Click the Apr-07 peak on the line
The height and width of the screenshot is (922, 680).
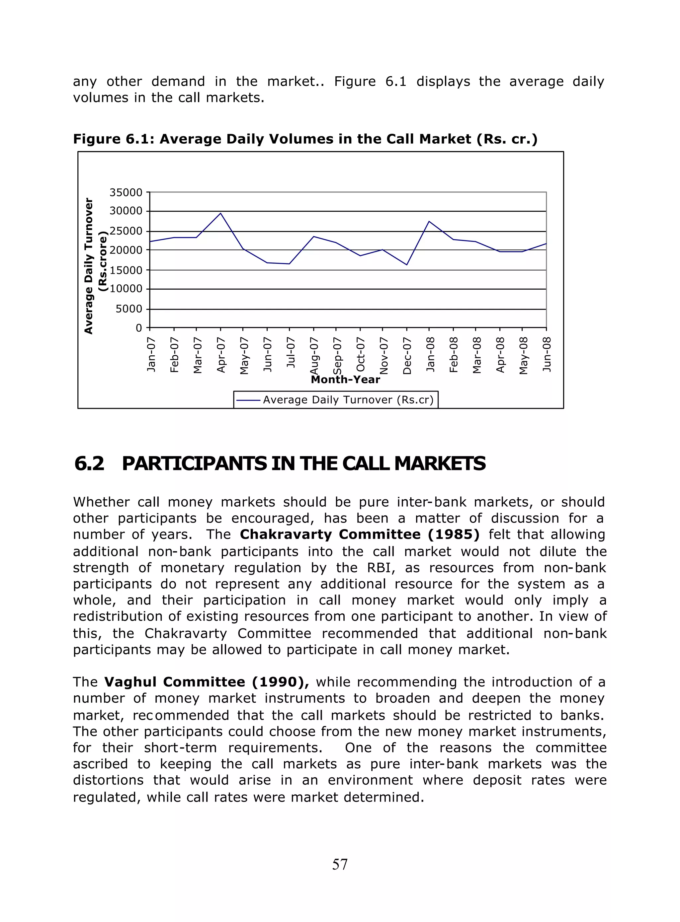click(220, 213)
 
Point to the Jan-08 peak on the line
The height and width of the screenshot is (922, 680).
click(429, 221)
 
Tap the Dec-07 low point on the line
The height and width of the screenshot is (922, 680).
click(407, 264)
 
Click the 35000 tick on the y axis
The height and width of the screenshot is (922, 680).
click(126, 192)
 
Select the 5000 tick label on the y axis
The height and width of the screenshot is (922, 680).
click(129, 309)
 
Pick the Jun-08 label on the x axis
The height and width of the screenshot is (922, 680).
click(547, 354)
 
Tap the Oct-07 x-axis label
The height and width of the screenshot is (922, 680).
click(361, 354)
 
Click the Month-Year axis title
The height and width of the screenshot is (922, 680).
click(345, 379)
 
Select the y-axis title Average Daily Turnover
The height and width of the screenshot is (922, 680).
click(89, 266)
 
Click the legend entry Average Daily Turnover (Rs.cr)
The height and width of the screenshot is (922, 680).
click(348, 400)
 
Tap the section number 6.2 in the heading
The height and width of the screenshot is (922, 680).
click(89, 463)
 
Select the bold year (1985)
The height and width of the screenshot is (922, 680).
click(454, 534)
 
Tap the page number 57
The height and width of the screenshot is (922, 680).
click(340, 864)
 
